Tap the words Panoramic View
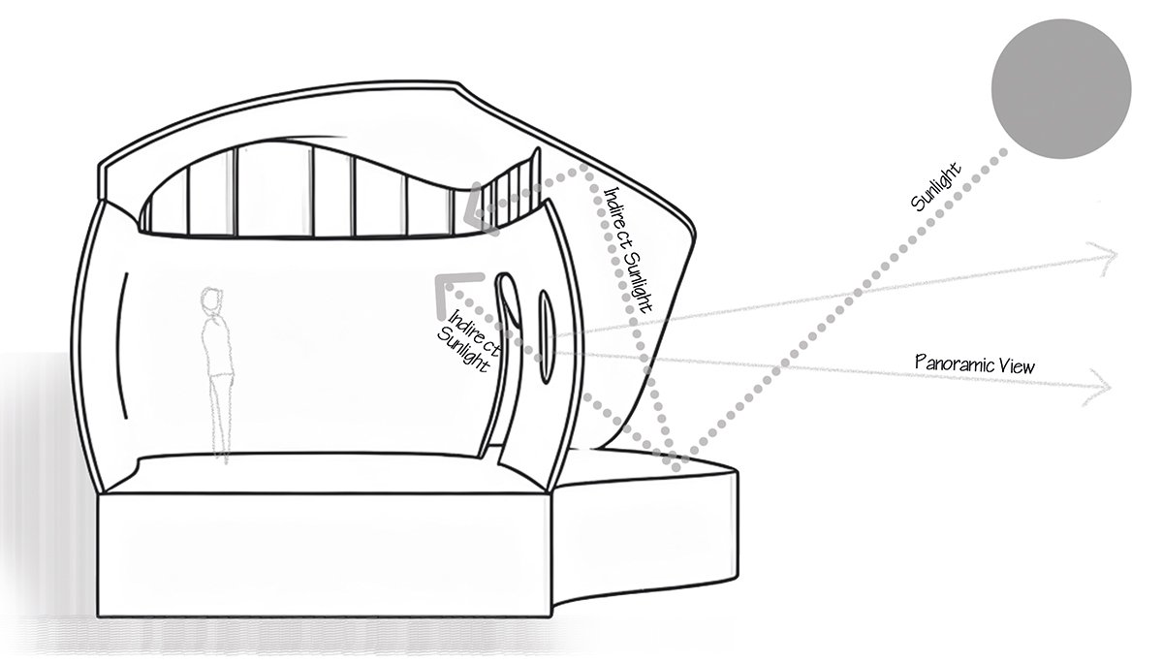[975, 364]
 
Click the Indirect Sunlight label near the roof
[625, 247]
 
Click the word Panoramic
[956, 364]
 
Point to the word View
[1017, 365]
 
